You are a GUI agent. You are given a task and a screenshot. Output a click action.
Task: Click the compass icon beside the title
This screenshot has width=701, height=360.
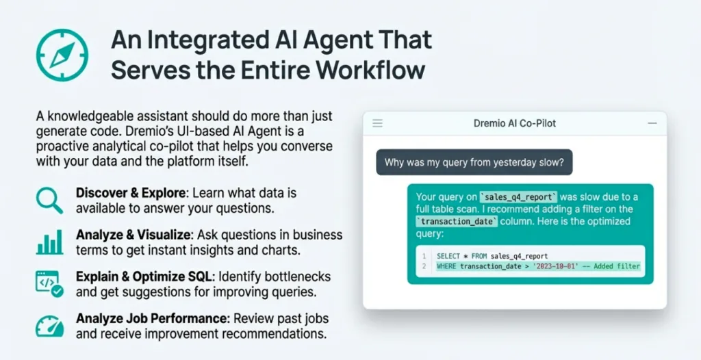point(62,55)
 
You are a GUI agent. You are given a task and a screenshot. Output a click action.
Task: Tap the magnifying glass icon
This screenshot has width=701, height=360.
point(49,201)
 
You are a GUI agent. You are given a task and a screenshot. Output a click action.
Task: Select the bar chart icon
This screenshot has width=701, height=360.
point(49,242)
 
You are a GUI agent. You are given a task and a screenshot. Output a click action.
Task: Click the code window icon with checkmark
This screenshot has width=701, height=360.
point(49,283)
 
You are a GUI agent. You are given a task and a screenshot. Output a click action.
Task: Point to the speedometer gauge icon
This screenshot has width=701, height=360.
point(49,326)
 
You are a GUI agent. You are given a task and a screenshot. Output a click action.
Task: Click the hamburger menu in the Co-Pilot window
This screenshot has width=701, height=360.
point(378,123)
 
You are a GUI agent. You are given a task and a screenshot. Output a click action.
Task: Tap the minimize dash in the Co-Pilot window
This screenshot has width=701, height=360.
point(652,123)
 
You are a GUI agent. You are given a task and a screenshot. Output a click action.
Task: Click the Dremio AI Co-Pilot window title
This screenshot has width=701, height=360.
point(515,123)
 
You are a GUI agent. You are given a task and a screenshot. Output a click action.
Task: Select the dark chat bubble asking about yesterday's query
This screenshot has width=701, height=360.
point(474,162)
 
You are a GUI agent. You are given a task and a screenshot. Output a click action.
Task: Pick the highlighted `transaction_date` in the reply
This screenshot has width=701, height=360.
point(457,221)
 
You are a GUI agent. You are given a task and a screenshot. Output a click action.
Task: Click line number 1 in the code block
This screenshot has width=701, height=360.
point(424,256)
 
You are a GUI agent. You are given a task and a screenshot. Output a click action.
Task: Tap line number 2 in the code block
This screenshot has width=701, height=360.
point(424,267)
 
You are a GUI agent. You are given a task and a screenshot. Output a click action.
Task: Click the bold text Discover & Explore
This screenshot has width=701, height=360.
point(130,193)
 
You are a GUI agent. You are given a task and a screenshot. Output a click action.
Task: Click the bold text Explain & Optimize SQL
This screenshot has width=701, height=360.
point(146,277)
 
